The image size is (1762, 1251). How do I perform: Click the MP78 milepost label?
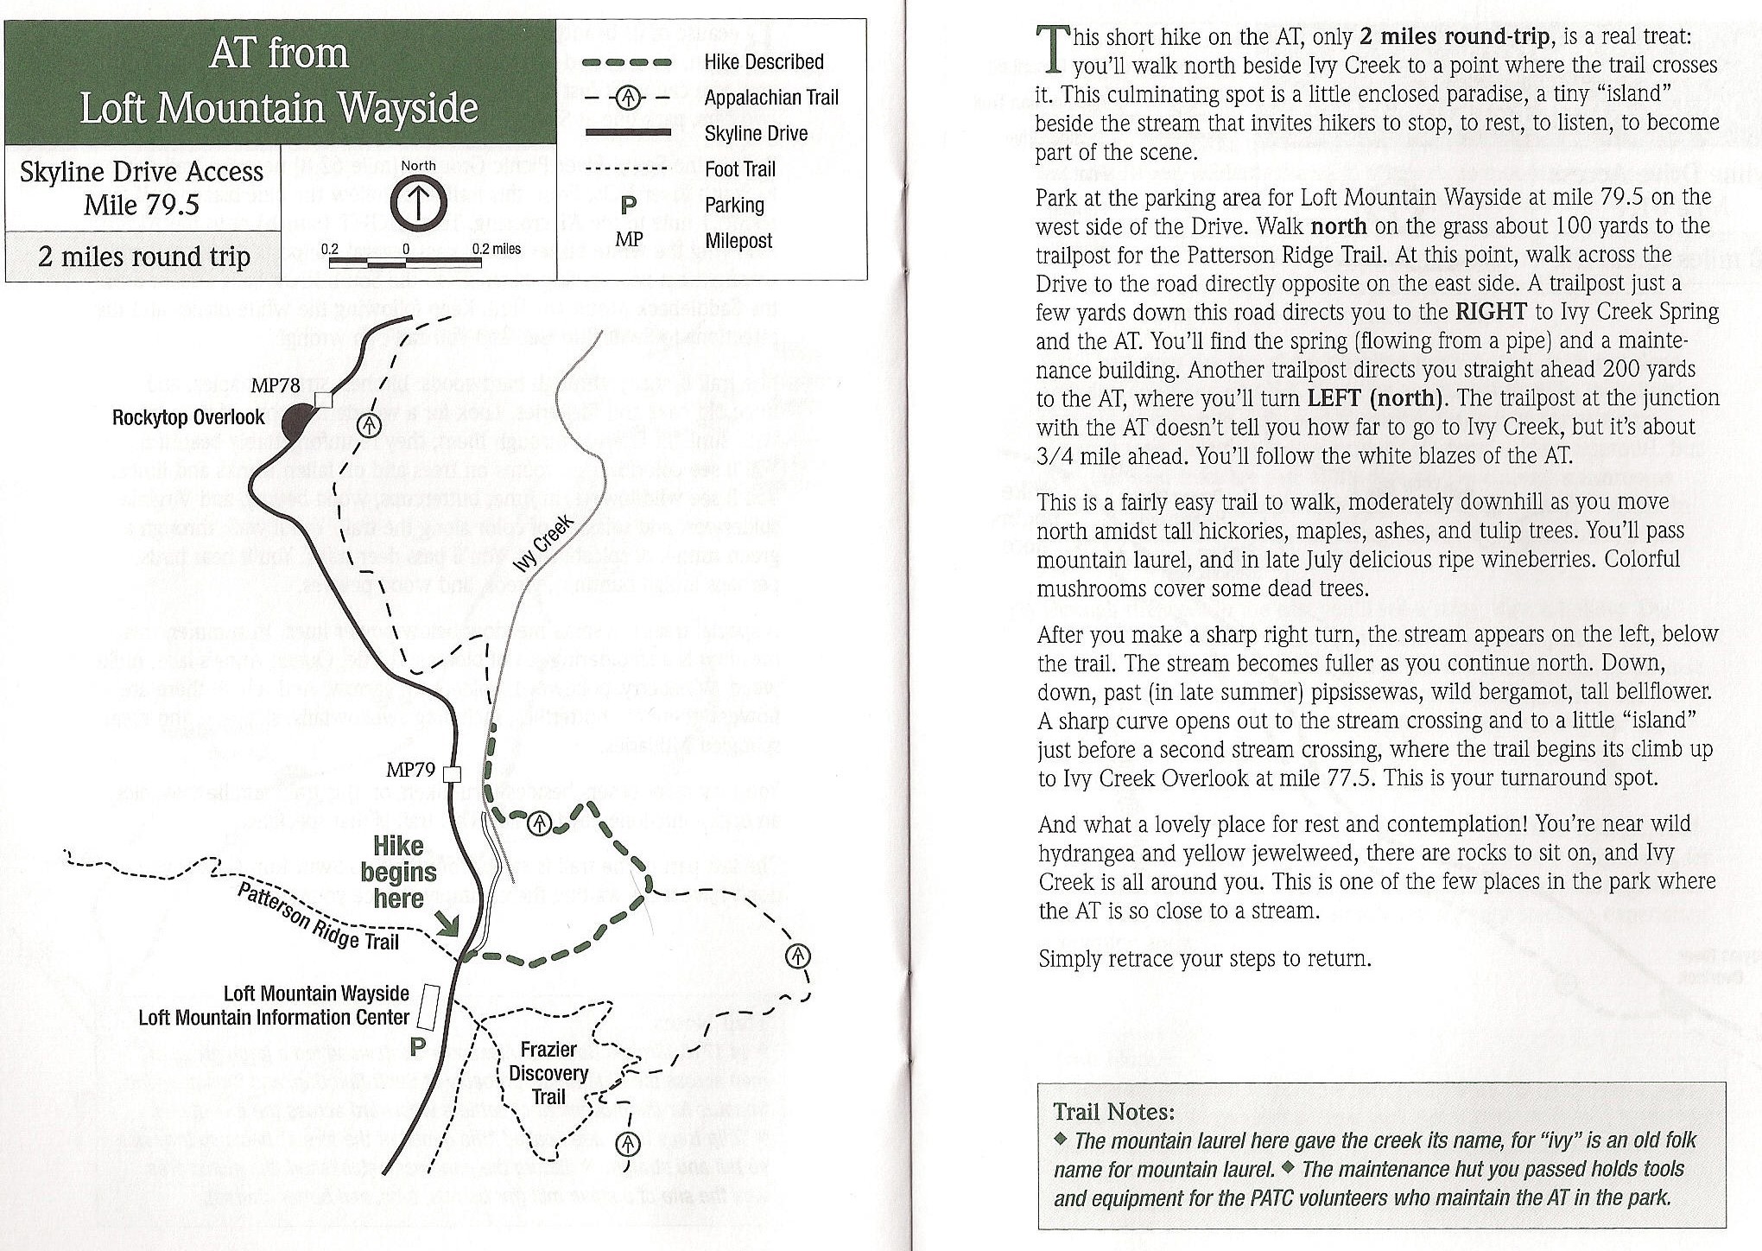[276, 386]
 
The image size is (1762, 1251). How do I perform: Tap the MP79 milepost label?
[410, 770]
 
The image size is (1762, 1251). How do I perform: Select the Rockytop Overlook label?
[188, 418]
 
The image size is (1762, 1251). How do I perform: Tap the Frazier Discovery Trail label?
[548, 1073]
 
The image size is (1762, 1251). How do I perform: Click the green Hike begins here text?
[398, 872]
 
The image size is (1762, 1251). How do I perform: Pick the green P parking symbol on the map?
[418, 1047]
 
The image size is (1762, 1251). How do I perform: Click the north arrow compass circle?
[419, 202]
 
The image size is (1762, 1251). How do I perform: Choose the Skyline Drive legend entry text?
[756, 133]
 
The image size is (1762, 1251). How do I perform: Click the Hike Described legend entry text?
[764, 62]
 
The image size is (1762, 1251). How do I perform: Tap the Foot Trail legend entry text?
[740, 169]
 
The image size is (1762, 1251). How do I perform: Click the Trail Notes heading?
[1114, 1112]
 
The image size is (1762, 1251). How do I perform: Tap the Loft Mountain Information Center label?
[274, 1018]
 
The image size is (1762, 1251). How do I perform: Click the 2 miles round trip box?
[143, 257]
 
